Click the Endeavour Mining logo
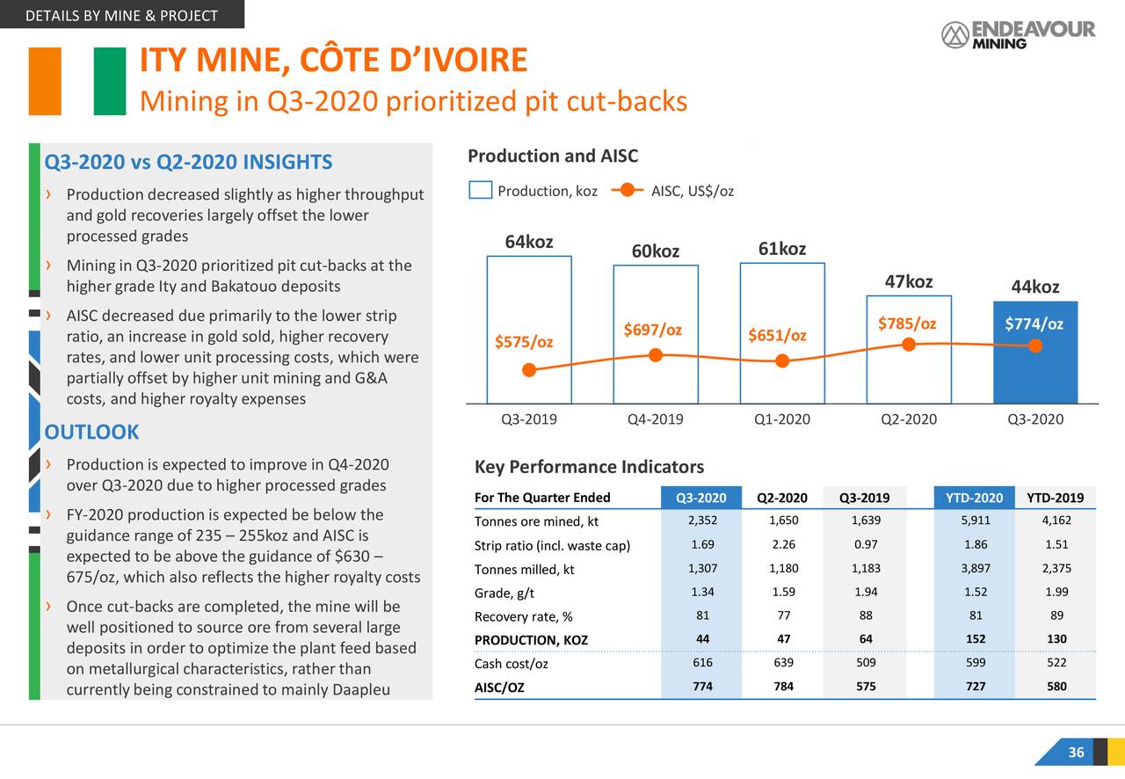click(1018, 34)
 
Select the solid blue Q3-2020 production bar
click(1035, 352)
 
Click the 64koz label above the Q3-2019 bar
click(528, 243)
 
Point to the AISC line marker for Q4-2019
click(656, 355)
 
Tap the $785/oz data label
click(907, 324)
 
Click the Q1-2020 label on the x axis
click(781, 419)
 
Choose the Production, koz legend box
click(480, 191)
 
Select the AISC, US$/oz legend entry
click(692, 191)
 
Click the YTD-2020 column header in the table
click(974, 499)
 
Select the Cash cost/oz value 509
click(865, 662)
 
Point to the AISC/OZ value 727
click(975, 687)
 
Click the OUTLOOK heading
click(91, 432)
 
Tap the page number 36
click(1076, 753)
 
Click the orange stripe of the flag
click(45, 81)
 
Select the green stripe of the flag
click(110, 81)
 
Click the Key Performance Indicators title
click(589, 467)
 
